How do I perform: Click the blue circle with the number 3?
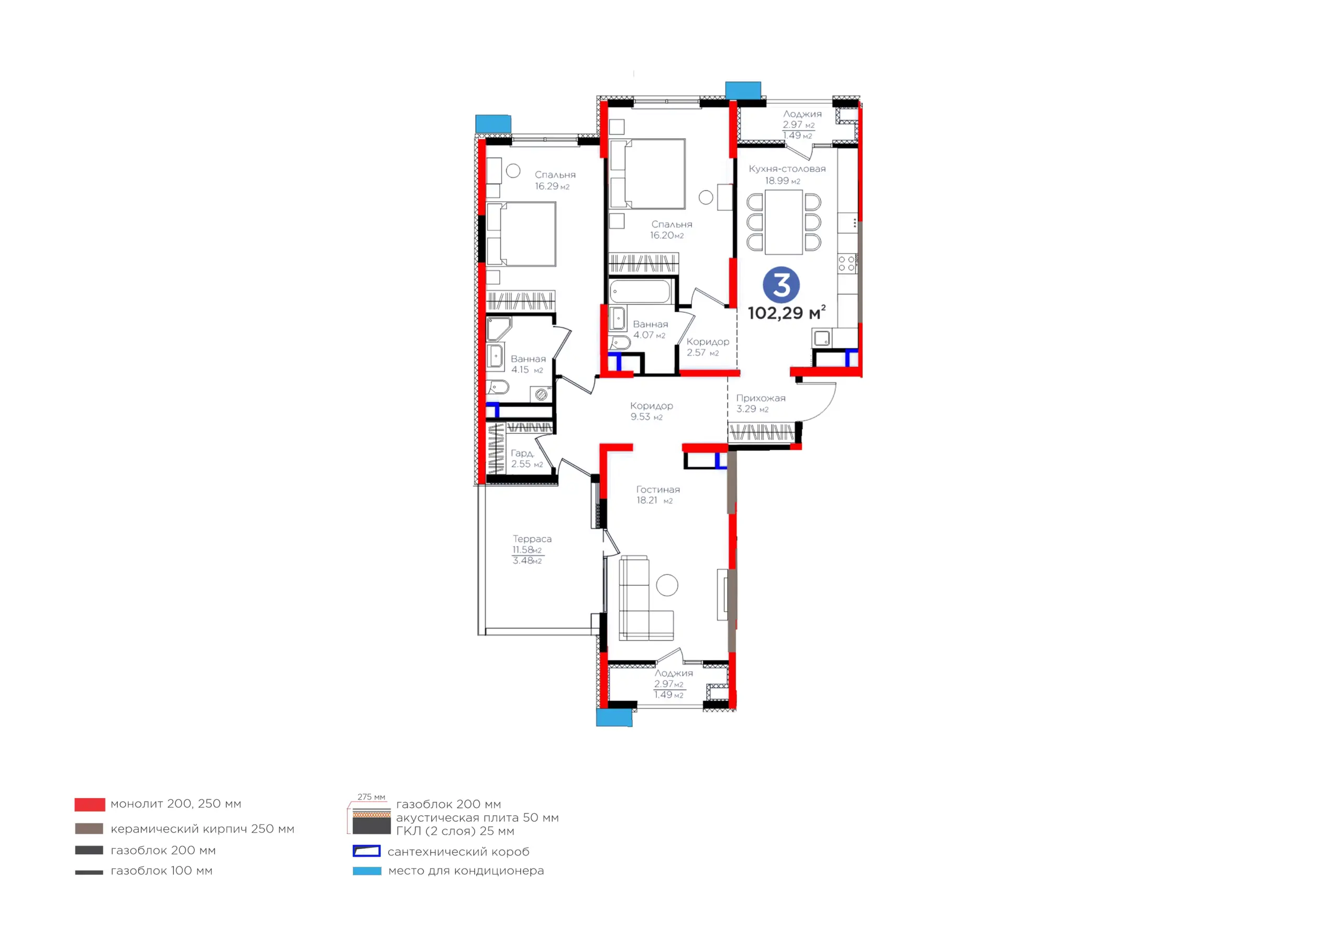click(781, 285)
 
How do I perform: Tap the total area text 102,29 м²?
click(787, 313)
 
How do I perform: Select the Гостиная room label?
click(657, 490)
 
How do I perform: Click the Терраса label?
click(532, 539)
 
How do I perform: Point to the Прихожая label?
click(761, 398)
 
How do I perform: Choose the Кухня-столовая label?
click(787, 169)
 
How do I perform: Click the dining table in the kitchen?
click(784, 222)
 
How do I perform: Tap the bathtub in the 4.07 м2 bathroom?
click(640, 291)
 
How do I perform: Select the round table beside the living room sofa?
click(666, 585)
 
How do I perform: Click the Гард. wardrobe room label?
click(522, 453)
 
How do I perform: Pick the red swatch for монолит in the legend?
click(90, 804)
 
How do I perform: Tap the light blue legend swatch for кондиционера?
click(367, 871)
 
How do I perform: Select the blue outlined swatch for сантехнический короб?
click(367, 851)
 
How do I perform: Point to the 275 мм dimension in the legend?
click(371, 797)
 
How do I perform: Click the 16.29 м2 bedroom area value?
click(552, 186)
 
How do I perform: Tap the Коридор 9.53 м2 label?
click(651, 411)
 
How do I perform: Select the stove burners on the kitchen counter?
click(847, 263)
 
